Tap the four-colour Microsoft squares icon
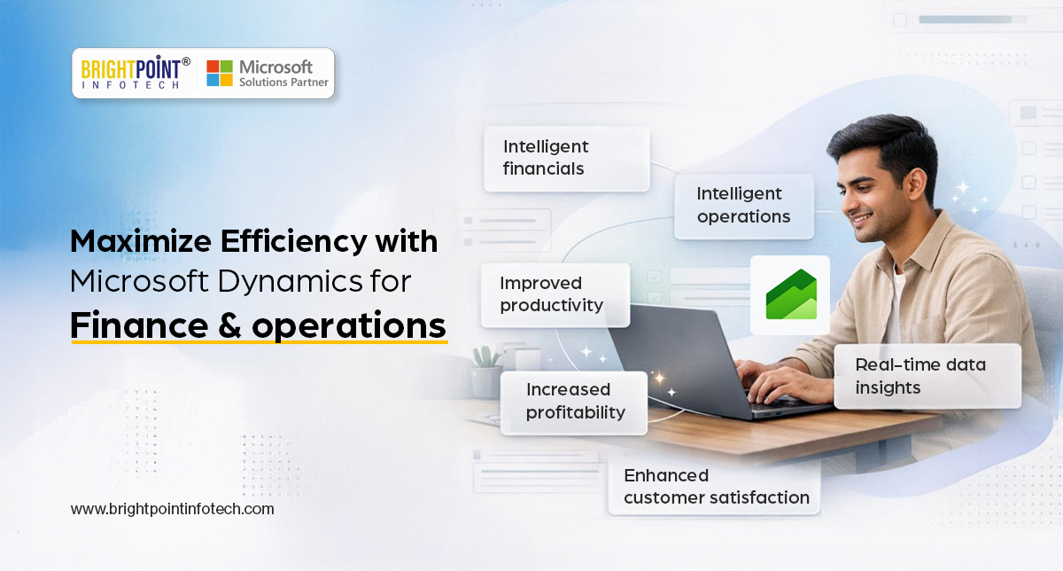[220, 73]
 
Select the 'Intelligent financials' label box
[566, 158]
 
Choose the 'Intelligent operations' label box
[743, 205]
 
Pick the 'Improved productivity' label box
[555, 294]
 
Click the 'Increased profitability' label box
[574, 401]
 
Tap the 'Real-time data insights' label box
[927, 376]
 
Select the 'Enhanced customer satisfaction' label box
[714, 487]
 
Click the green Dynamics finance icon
[790, 294]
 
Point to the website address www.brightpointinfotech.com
[172, 509]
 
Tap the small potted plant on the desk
[486, 372]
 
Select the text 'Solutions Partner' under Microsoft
[283, 82]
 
